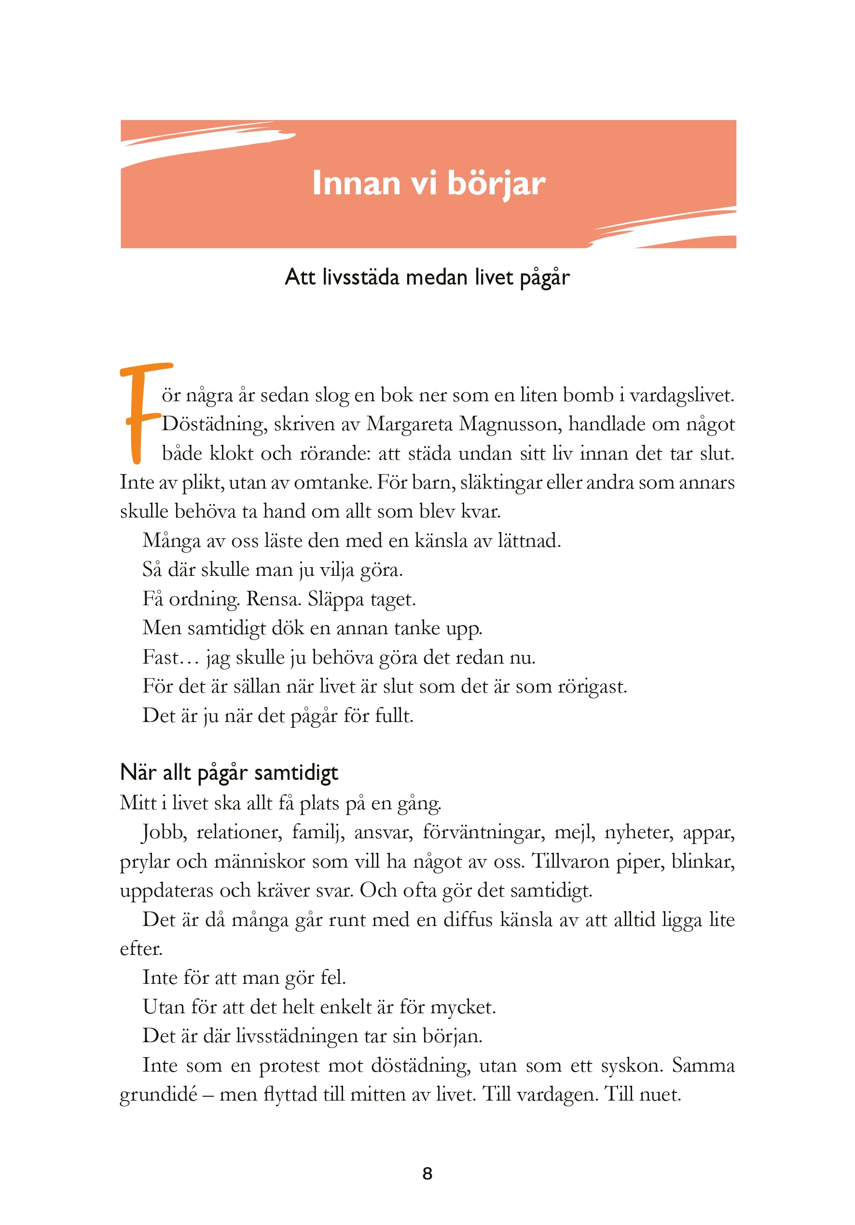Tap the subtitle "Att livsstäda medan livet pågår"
427,277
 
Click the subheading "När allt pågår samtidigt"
229,773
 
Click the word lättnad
528,541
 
